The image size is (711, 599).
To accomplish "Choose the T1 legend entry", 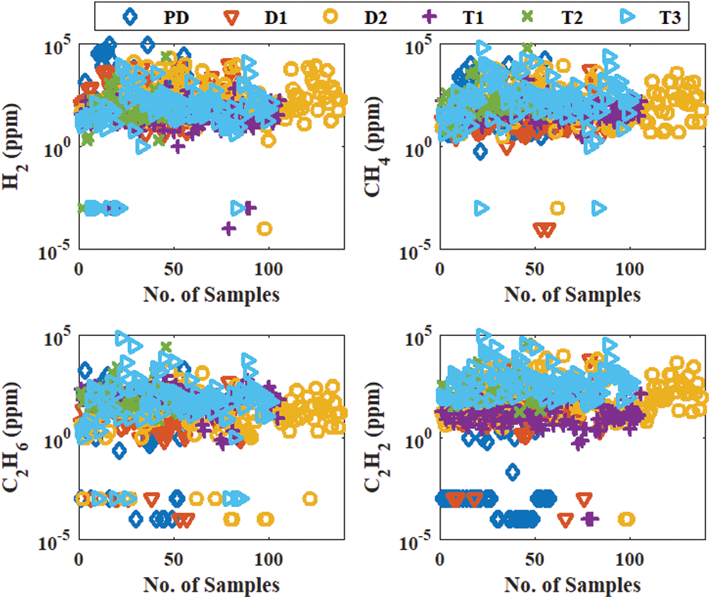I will point(464,15).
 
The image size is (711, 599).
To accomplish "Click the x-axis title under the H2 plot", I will point(211,294).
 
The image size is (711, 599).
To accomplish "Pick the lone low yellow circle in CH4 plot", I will point(557,208).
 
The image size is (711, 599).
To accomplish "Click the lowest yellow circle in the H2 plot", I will point(265,228).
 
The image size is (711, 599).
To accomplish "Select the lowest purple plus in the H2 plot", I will point(229,228).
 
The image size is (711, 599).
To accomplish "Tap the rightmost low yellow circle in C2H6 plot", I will point(309,499).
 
